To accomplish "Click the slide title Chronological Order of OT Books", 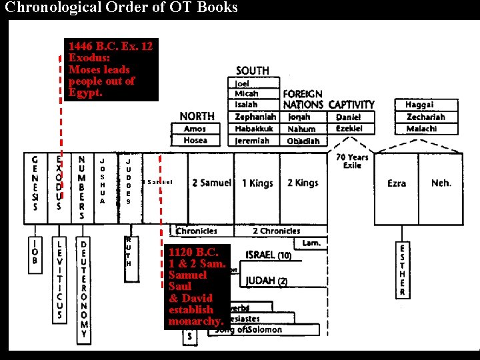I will tap(121, 8).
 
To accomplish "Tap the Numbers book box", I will tap(81, 187).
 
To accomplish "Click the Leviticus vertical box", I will tap(59, 280).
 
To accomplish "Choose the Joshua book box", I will tap(102, 181).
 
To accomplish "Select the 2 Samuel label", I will tap(211, 183).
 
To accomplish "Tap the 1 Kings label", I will tap(257, 183).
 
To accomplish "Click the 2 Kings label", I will tap(303, 183).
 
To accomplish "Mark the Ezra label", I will tap(397, 183).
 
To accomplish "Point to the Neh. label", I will tap(441, 183).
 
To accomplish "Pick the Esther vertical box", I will tap(402, 269).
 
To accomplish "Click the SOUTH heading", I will tap(253, 71).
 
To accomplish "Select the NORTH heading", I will tap(197, 116).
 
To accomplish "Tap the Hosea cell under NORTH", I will tap(195, 140).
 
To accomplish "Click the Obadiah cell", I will tap(303, 141).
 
